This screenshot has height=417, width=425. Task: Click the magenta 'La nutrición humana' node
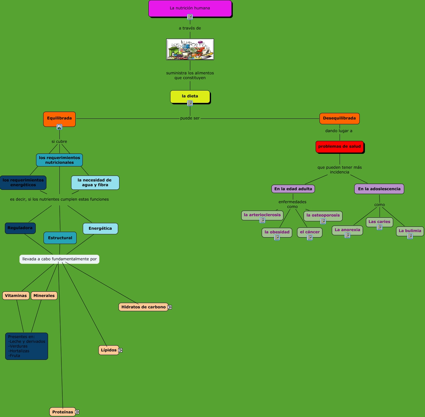click(190, 8)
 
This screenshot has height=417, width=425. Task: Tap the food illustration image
click(190, 49)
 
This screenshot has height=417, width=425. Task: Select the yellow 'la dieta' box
click(190, 96)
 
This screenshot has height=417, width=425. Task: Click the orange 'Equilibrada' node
click(59, 118)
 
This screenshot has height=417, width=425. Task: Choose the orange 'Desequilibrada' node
click(339, 118)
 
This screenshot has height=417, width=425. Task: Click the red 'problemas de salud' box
click(339, 147)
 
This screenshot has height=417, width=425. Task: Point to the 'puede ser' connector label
click(190, 118)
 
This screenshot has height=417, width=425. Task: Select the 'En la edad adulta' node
click(293, 189)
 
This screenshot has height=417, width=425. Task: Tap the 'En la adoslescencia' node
click(379, 189)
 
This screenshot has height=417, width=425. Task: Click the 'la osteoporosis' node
click(323, 215)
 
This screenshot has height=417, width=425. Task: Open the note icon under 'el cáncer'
click(310, 238)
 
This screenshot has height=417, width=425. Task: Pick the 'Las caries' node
click(379, 222)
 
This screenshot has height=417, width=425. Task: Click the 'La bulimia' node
click(410, 231)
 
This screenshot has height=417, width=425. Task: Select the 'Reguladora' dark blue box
click(20, 228)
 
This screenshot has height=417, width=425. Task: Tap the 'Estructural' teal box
click(60, 238)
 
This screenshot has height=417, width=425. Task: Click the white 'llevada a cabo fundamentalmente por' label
click(59, 259)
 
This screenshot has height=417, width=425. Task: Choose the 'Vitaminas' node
click(16, 296)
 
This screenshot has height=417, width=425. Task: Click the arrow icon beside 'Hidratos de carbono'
click(169, 307)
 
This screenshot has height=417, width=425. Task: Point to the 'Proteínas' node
click(62, 412)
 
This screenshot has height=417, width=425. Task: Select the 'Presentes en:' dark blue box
click(27, 346)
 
